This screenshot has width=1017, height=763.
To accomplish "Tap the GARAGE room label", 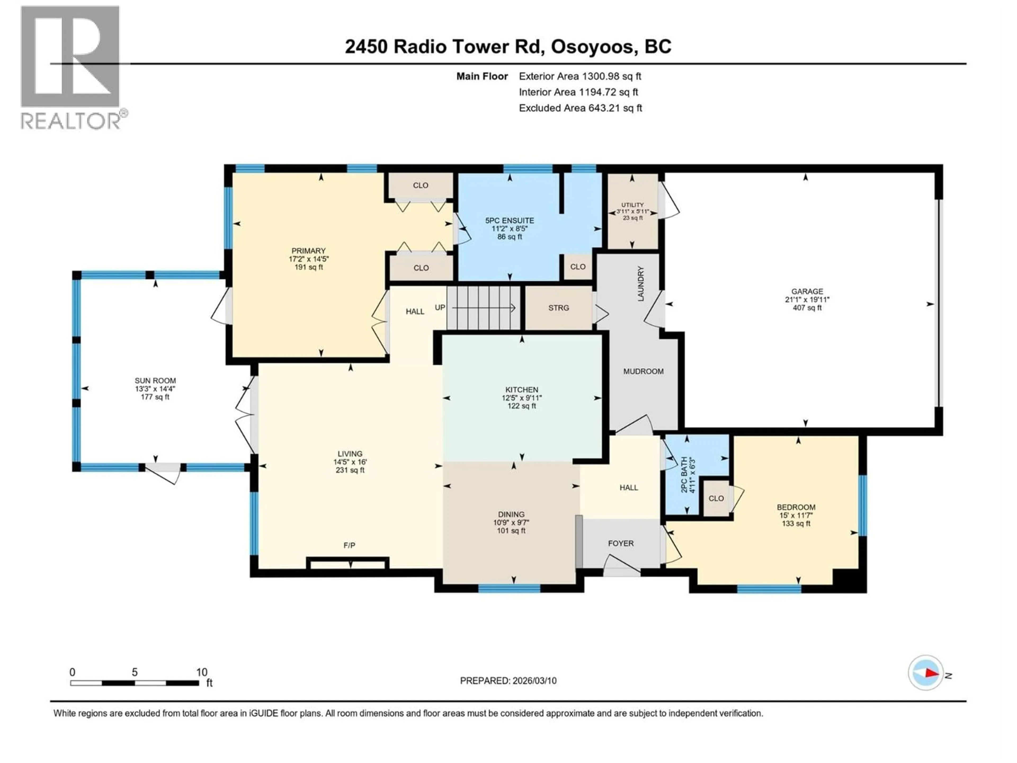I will point(807,291).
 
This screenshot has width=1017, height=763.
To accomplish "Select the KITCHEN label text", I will point(521,389).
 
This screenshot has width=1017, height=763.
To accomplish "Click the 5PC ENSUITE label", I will point(509,220).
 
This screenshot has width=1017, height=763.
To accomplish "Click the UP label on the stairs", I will point(440,307).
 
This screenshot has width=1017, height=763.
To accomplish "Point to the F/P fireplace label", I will point(349,545).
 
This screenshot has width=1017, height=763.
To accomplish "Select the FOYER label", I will point(621,543).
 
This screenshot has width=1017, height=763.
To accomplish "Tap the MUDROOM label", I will point(643,371).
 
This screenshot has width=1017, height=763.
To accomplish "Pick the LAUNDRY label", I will point(640,284).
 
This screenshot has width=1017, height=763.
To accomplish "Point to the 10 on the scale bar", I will point(201,672).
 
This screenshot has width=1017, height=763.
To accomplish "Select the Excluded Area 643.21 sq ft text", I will point(580,108).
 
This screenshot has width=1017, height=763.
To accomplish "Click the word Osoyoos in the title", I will point(592,46).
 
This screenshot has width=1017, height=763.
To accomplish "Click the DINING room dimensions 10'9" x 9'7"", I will point(511,522).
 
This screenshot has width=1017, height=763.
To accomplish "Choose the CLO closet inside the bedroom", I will point(716,498).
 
